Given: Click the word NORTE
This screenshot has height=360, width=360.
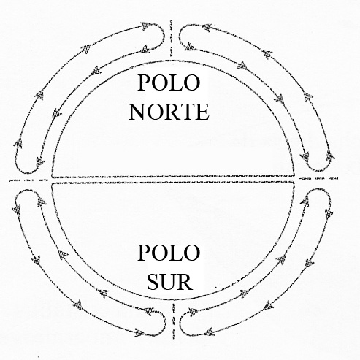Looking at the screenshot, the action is pos(169,112).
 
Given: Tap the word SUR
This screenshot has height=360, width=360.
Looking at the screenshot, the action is pos(170,282).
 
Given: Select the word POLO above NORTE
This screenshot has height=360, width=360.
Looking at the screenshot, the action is pos(169,83).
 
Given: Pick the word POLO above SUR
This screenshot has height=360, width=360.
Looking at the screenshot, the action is pos(169,253).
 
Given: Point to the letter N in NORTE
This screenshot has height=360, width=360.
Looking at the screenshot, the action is pos(137,112).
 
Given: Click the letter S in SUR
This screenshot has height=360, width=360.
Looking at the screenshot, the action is pos(153,282).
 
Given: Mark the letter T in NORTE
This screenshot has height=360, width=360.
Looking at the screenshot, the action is pos(187,112).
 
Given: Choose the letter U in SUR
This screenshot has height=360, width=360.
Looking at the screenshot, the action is pos(169,282).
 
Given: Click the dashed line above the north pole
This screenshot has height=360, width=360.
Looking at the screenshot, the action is pos(172,39).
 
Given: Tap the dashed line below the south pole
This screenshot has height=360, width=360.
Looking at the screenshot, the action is pos(174,321).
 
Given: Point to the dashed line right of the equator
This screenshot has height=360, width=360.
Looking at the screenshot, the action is pos(318,178).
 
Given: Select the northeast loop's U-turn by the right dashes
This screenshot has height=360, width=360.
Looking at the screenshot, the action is pos(319,170).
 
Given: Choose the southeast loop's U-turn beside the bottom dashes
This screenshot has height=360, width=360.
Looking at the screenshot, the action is pos(180,323).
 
